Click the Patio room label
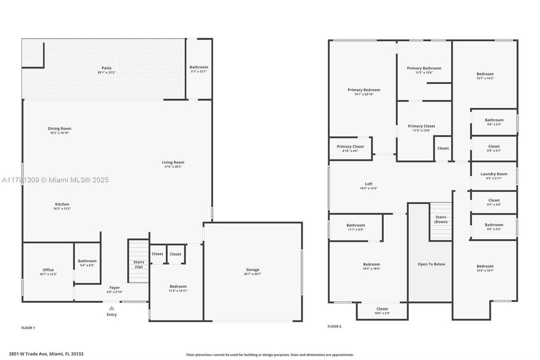tap(106, 68)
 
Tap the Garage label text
tap(252, 269)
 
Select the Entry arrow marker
tap(112, 308)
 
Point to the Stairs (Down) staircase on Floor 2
tap(441, 220)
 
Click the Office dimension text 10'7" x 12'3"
tap(48, 274)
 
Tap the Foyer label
tap(114, 287)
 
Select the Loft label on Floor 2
tap(369, 184)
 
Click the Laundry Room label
tap(494, 174)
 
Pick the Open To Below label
tap(431, 264)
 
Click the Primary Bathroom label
tap(424, 68)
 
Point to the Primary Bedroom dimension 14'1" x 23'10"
tap(364, 94)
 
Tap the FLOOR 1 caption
tap(28, 328)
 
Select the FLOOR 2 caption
tap(334, 326)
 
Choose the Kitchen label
tap(62, 204)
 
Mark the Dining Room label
tap(59, 128)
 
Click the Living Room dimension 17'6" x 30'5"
tap(173, 166)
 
